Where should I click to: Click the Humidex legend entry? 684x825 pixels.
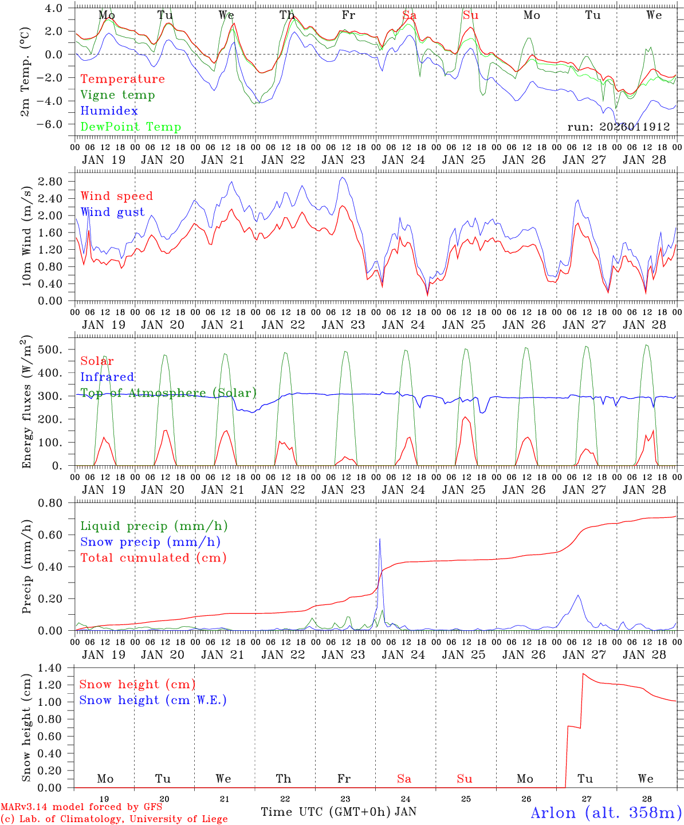[x=109, y=111]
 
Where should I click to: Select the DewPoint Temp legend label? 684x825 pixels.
[x=131, y=127]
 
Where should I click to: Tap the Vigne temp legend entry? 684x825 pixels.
[x=117, y=95]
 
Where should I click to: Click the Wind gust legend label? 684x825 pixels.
[x=112, y=212]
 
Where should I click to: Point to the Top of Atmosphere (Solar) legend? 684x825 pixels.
[x=168, y=393]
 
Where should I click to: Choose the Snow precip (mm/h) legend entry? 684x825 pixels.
[x=150, y=542]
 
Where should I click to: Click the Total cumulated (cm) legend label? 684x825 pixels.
[x=153, y=558]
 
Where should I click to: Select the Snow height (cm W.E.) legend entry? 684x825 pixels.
[x=152, y=700]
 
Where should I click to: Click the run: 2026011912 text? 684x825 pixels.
[x=618, y=127]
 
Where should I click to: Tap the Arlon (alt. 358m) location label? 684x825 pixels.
[x=606, y=812]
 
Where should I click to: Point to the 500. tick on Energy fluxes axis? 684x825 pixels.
[x=52, y=349]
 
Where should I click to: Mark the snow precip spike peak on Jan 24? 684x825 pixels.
[x=379, y=539]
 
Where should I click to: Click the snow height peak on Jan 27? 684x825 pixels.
[x=583, y=673]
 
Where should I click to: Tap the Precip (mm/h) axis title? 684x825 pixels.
[x=26, y=567]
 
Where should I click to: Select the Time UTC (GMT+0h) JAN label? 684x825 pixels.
[x=339, y=812]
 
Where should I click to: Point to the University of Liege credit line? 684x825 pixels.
[x=114, y=819]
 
